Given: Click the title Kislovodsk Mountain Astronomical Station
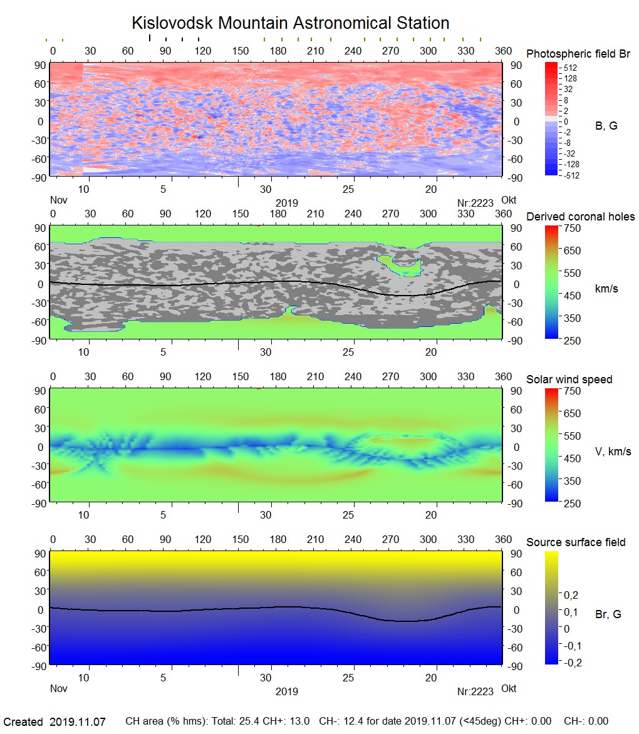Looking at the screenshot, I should pyautogui.click(x=290, y=23).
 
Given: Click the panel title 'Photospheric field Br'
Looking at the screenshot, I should pyautogui.click(x=578, y=54).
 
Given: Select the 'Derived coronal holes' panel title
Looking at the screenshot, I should pyautogui.click(x=580, y=217).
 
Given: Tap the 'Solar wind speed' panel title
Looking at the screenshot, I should pyautogui.click(x=569, y=380).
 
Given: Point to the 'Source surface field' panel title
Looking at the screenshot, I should pyautogui.click(x=576, y=542).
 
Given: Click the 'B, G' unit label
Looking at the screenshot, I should pyautogui.click(x=606, y=126).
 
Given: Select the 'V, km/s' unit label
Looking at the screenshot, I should pyautogui.click(x=613, y=452).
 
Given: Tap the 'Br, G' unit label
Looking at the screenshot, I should pyautogui.click(x=608, y=614).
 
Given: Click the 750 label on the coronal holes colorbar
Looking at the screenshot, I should pyautogui.click(x=573, y=228).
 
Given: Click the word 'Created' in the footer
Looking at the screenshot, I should pyautogui.click(x=23, y=722).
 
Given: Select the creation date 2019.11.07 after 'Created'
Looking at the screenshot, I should pyautogui.click(x=78, y=722).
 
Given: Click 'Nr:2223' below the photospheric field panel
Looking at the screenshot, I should pyautogui.click(x=475, y=203).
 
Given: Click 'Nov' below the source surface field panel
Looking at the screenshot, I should pyautogui.click(x=58, y=688).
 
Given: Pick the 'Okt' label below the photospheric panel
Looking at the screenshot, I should pyautogui.click(x=509, y=200).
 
